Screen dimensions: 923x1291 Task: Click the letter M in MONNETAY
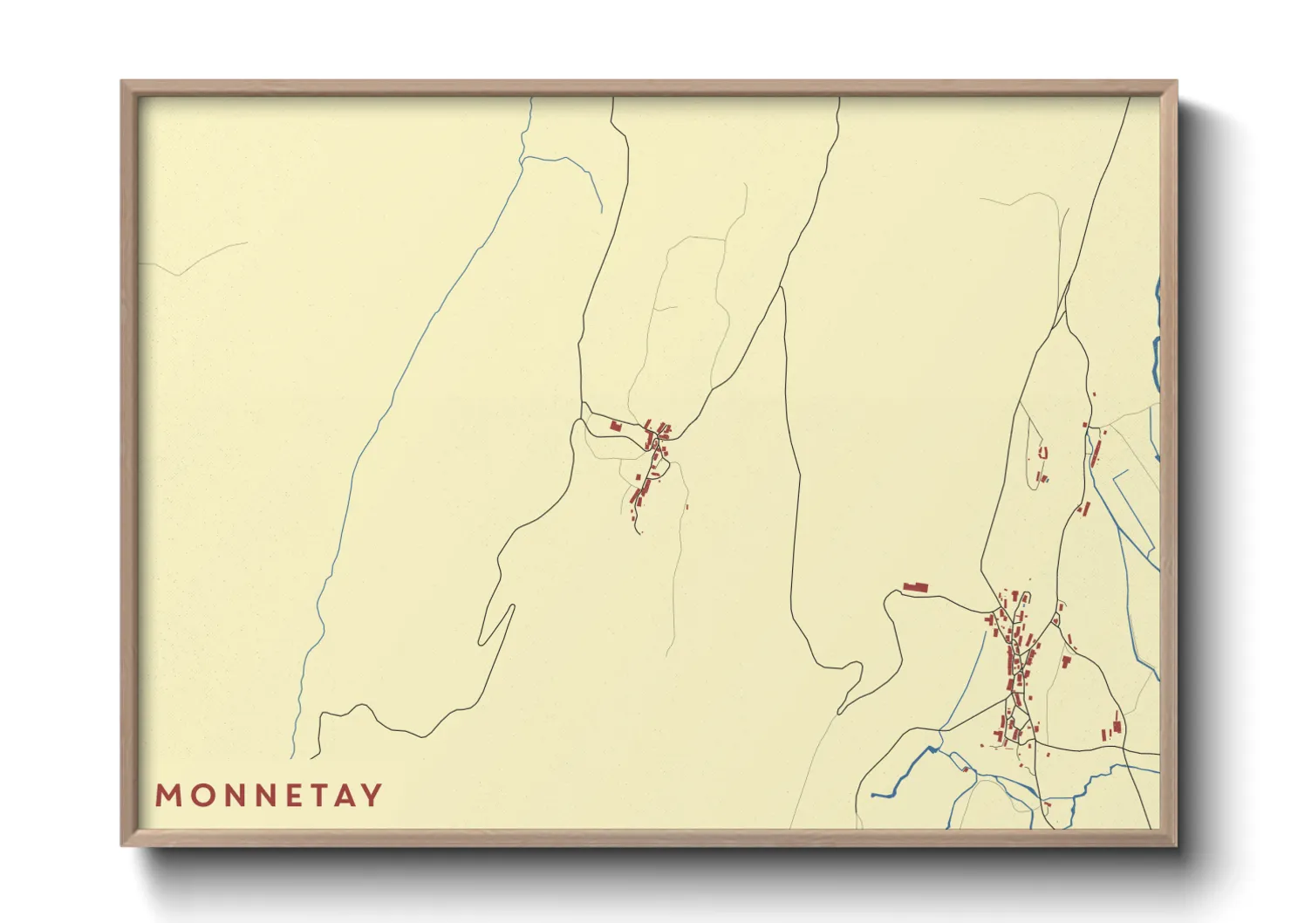[x=167, y=796]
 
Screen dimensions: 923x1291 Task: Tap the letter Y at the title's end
[x=372, y=796]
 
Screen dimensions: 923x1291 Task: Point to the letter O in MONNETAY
[x=198, y=796]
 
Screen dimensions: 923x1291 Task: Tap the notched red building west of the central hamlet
[x=615, y=426]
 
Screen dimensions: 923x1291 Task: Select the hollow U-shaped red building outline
[x=1042, y=453]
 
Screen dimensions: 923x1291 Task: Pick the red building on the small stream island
[x=966, y=769]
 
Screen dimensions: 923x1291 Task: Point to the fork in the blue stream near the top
[x=523, y=159]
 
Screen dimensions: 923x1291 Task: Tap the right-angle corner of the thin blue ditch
[x=1117, y=471]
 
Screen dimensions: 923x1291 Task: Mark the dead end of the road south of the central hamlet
[x=640, y=532]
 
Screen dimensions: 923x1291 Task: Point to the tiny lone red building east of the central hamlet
[x=687, y=507]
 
